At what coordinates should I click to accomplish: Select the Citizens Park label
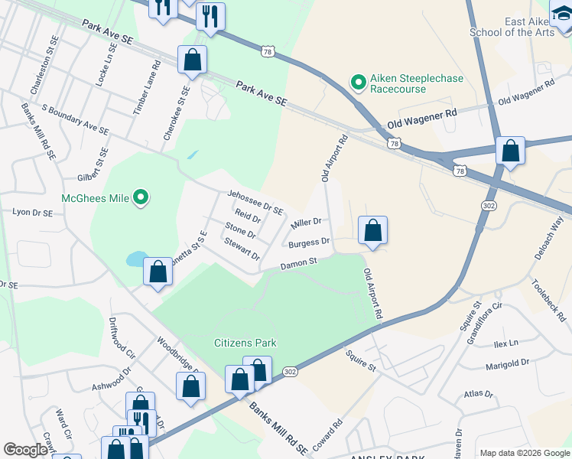(245, 343)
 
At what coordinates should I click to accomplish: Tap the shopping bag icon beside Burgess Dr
(372, 230)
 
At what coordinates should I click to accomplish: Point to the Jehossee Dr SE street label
(255, 202)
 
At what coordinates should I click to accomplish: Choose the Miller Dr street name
(306, 226)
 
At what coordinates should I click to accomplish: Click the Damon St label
(298, 264)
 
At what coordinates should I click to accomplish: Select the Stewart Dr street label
(242, 249)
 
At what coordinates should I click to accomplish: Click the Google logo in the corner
(25, 450)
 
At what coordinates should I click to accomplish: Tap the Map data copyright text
(524, 453)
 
